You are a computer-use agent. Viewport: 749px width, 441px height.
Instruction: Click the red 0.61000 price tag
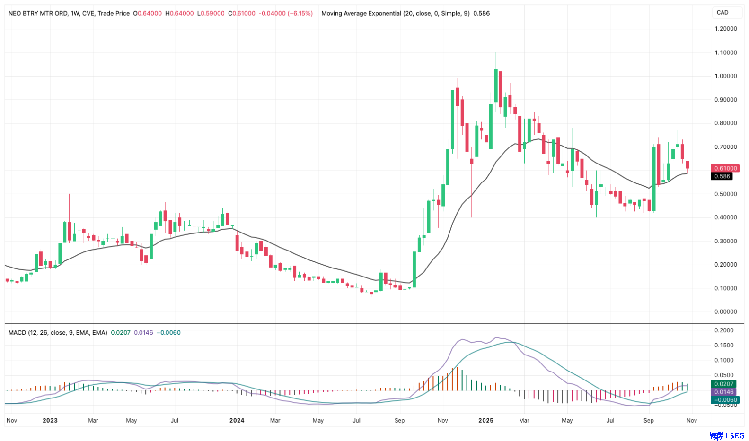(725, 168)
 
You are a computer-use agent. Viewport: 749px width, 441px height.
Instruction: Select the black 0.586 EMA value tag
(722, 176)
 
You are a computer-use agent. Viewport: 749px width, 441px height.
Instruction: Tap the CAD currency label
(723, 13)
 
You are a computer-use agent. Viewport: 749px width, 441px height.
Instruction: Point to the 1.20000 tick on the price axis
(726, 29)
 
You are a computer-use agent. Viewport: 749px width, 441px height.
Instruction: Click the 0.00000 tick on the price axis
(726, 312)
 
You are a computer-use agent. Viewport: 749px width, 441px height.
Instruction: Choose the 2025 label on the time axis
(486, 420)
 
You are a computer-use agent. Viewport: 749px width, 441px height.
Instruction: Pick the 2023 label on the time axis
(50, 420)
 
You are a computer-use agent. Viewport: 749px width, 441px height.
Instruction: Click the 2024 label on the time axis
(237, 420)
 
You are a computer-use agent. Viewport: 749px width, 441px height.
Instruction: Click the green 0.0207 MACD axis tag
(724, 384)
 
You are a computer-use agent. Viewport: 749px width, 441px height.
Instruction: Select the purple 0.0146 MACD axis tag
(724, 392)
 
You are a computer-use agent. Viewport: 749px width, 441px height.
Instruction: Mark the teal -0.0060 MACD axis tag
(724, 400)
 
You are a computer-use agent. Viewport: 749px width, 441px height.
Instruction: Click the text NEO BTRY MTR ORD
(38, 13)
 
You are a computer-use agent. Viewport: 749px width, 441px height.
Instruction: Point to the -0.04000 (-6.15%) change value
(286, 13)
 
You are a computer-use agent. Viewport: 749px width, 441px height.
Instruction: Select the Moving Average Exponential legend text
(362, 13)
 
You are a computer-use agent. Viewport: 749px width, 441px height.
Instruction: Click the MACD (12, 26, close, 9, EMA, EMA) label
(58, 333)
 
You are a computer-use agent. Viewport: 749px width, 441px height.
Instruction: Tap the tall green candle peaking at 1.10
(496, 85)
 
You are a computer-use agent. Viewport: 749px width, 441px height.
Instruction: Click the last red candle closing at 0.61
(687, 164)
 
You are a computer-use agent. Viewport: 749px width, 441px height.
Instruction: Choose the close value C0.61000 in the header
(242, 13)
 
